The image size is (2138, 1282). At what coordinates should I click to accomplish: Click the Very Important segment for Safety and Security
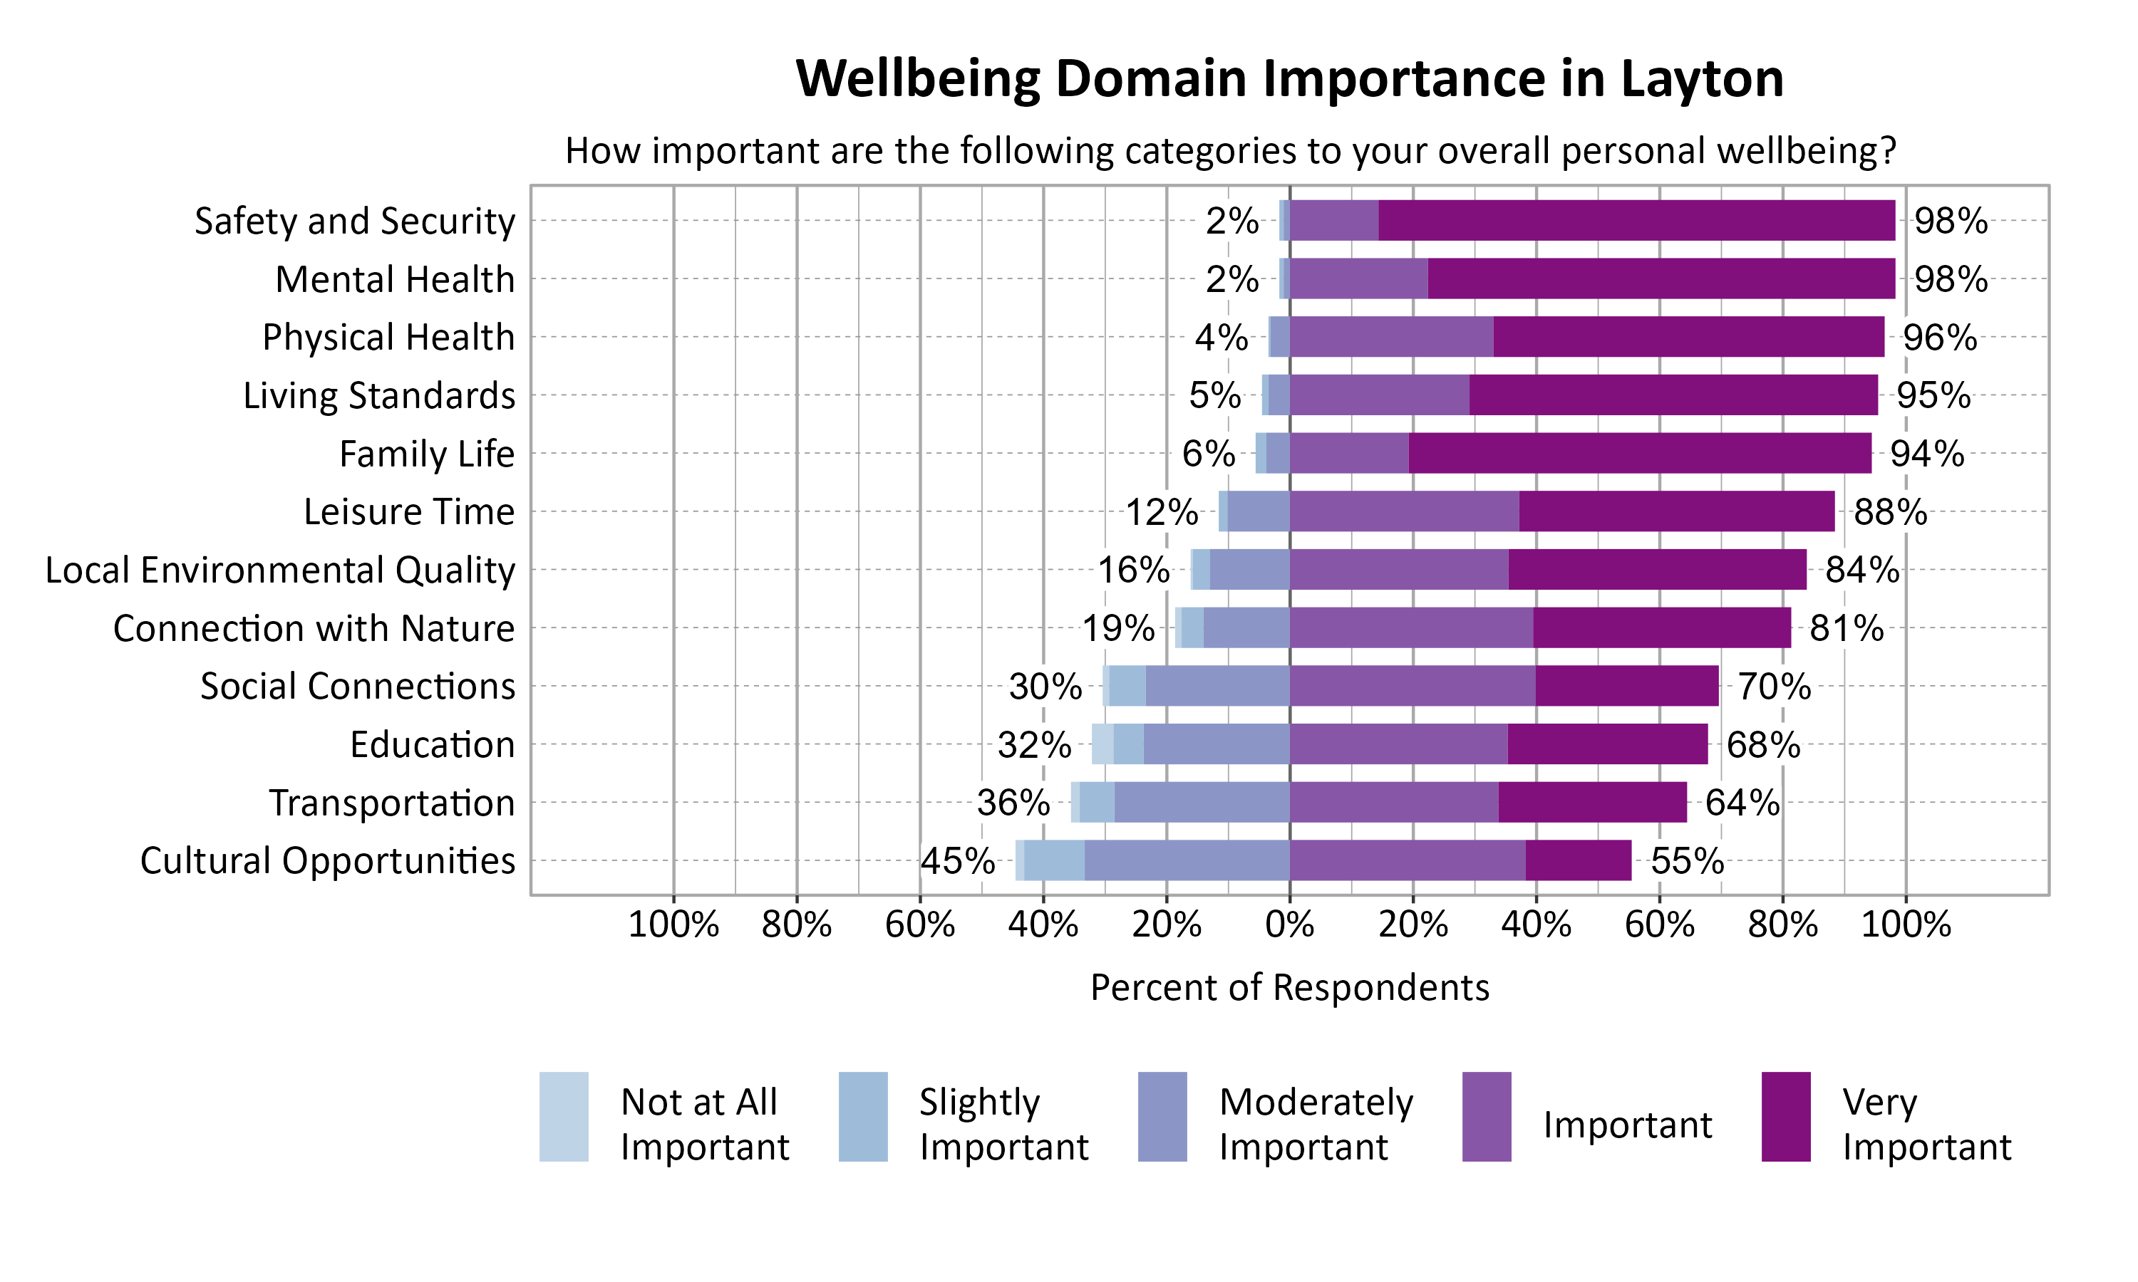(1636, 220)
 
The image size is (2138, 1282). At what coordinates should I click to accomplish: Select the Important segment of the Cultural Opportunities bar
(1407, 860)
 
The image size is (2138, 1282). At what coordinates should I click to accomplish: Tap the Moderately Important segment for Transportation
(1202, 803)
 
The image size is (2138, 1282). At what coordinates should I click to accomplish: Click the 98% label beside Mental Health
(1951, 279)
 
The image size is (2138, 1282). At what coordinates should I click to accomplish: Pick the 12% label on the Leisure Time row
(1162, 511)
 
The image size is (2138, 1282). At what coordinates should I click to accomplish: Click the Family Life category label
(426, 454)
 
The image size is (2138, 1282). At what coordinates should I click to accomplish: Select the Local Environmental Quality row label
(280, 570)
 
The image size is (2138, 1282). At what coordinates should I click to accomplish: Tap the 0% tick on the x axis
(1289, 925)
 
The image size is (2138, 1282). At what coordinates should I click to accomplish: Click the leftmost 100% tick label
(673, 925)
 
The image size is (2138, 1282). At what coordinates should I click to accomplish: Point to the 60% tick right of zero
(1659, 925)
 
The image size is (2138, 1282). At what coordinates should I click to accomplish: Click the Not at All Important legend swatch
(564, 1116)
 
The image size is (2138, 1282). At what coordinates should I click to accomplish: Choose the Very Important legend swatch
(1785, 1116)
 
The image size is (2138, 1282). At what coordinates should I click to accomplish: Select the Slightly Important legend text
(1003, 1124)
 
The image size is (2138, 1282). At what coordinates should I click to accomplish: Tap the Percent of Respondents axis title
(1289, 987)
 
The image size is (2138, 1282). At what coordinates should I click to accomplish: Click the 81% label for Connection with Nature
(1847, 628)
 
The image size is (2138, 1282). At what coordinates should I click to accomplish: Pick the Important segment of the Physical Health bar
(1391, 337)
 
